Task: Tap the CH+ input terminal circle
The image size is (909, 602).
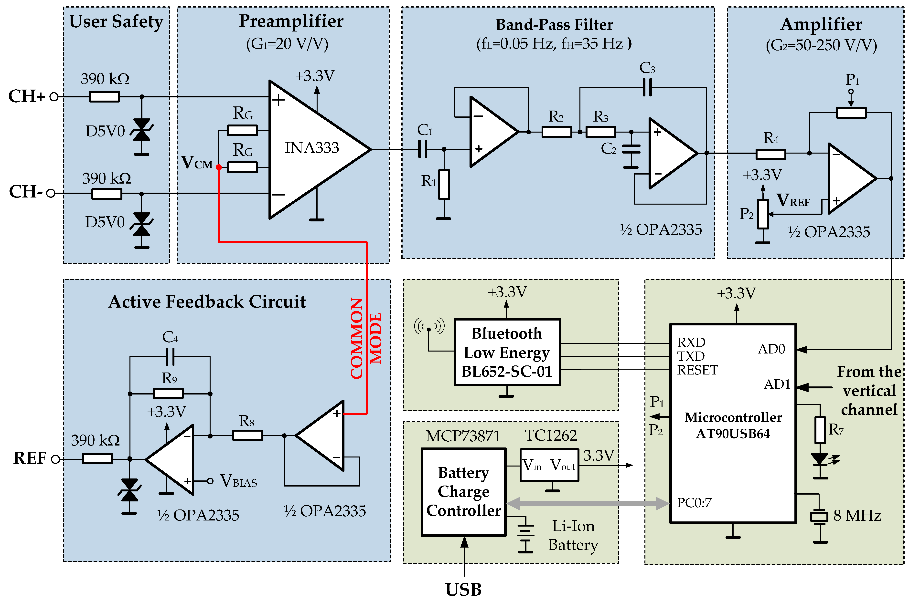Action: coord(54,97)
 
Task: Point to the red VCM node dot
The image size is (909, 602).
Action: coord(219,167)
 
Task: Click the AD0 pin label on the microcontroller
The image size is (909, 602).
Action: coord(771,349)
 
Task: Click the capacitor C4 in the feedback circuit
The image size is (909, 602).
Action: coord(170,356)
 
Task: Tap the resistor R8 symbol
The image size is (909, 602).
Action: coord(247,435)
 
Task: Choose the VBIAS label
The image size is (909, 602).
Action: coord(238,481)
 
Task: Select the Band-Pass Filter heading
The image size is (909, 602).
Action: coord(554,25)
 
